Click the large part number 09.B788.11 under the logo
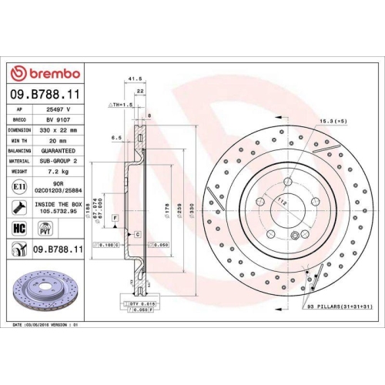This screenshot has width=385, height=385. click(x=45, y=94)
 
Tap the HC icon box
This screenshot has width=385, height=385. click(x=18, y=228)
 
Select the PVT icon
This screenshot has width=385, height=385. click(x=44, y=228)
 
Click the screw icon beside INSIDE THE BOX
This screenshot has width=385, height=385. click(x=18, y=206)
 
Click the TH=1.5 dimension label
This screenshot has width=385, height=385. click(x=122, y=102)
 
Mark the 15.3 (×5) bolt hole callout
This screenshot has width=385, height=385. click(x=333, y=122)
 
